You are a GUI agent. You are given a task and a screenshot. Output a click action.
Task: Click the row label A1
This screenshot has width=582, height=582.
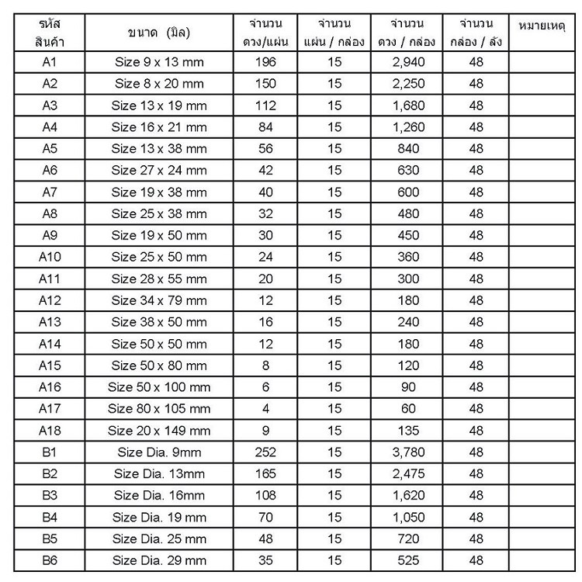pos(49,61)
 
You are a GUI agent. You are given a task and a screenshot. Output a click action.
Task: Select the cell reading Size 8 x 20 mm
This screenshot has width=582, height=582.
pos(159,83)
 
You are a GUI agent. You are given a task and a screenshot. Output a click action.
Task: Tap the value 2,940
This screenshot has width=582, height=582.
pos(407,61)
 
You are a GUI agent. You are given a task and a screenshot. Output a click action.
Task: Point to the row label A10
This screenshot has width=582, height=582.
pos(49,257)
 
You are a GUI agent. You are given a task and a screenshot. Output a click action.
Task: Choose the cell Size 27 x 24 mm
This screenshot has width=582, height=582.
pos(159,170)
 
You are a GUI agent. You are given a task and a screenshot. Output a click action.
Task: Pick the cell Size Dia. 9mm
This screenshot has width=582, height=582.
pos(159,452)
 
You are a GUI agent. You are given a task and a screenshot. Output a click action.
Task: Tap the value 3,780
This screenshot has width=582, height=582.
pos(407,452)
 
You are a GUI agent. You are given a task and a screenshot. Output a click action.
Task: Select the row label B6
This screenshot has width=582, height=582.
pos(49,560)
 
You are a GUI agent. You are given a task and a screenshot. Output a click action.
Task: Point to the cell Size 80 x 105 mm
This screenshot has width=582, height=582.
pos(159,408)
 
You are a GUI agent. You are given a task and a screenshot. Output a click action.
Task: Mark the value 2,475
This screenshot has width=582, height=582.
pos(407,473)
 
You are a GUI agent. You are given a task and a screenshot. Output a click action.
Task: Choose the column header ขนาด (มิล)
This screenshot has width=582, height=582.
pos(159,33)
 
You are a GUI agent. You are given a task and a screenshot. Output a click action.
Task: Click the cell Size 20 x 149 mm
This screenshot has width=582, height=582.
pos(159,430)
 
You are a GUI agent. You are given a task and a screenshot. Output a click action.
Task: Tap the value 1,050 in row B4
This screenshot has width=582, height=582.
pos(407,517)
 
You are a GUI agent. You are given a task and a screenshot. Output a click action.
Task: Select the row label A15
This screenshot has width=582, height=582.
pos(49,365)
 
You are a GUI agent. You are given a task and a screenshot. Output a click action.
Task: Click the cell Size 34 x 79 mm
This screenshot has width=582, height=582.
pos(159,300)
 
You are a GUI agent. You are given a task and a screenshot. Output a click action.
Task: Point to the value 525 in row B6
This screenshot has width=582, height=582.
pos(407,560)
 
